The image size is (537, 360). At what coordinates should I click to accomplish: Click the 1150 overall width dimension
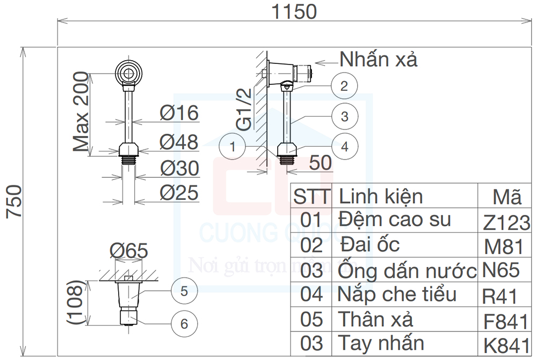pos(294,11)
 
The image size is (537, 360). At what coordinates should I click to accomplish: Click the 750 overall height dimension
pos(14,201)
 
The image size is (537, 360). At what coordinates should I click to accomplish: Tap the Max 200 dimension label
pos(81,112)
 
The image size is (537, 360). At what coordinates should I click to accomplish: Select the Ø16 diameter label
pos(179,113)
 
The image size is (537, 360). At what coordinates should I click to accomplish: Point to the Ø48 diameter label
pos(179,142)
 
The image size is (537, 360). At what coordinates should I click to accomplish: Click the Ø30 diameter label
pos(179,169)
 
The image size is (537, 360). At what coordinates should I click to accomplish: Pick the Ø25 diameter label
pos(179,192)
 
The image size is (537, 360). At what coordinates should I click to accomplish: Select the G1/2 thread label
pos(244,110)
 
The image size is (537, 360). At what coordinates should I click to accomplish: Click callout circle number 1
pos(233,146)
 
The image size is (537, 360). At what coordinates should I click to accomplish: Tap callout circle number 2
pos(344,85)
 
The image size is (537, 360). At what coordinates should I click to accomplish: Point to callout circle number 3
pos(344,116)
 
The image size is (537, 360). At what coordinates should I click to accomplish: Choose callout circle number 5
pos(184,291)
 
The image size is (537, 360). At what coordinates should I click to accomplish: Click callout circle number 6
pos(184,323)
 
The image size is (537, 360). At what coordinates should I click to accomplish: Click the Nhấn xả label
pos(378,59)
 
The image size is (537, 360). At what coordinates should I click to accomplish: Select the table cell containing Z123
pos(506,221)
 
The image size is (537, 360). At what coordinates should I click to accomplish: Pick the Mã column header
pos(506,197)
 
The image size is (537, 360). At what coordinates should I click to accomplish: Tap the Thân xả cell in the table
pos(375,319)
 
